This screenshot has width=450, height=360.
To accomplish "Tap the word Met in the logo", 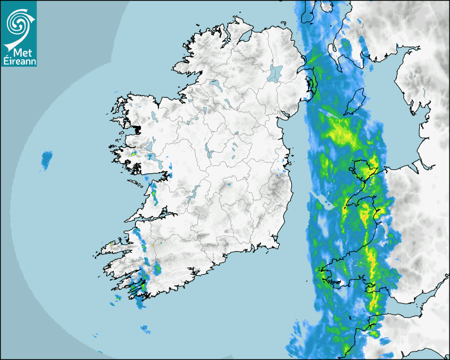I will pos(19,52).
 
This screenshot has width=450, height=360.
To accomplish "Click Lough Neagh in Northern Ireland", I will pos(275,73).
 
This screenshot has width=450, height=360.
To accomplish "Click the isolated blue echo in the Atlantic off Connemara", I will pos(47,159).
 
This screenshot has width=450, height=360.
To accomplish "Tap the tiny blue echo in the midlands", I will pos(229,185).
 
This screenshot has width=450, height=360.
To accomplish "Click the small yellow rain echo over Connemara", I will pos(133,154).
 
